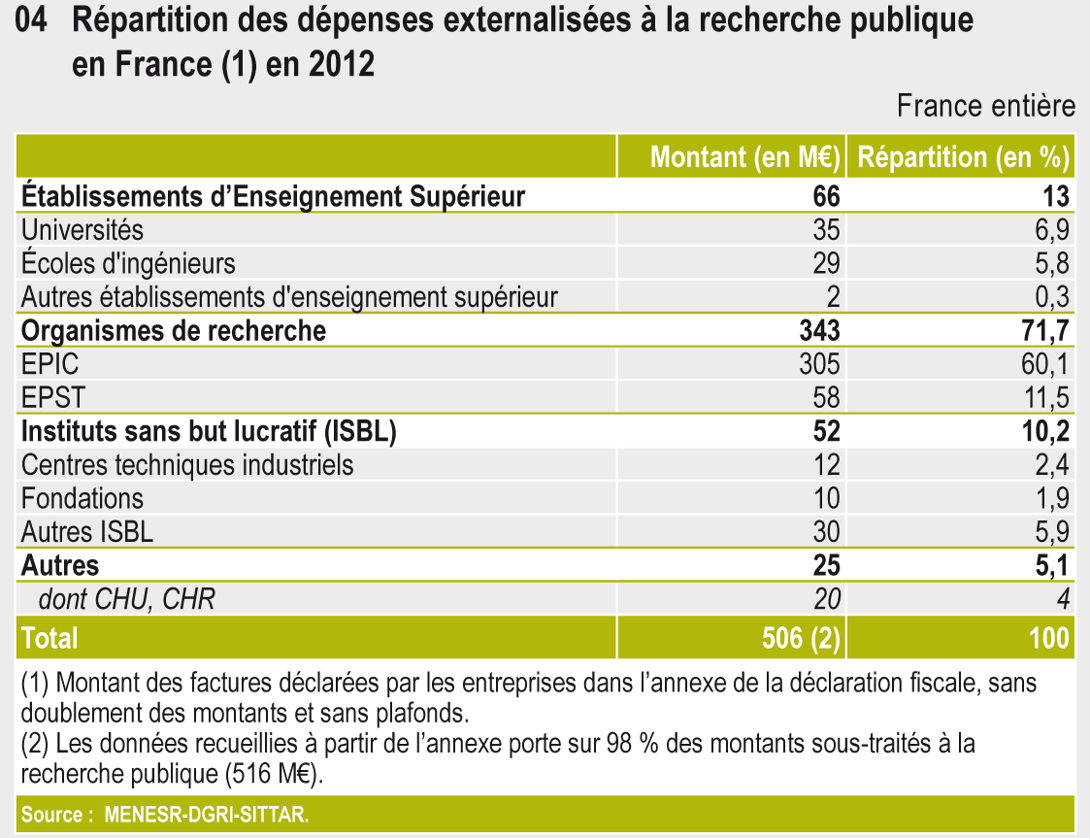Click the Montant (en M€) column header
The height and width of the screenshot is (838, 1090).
[x=744, y=157]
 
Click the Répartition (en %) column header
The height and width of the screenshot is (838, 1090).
[x=963, y=157]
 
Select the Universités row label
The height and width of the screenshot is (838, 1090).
[x=83, y=230]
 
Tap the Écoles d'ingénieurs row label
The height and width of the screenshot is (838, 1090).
[x=128, y=263]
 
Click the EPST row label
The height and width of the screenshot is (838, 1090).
[x=52, y=398]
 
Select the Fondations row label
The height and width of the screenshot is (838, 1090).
[x=83, y=499]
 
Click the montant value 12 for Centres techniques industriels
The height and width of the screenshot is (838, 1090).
[x=827, y=465]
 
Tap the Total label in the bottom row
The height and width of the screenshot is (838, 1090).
[x=50, y=637]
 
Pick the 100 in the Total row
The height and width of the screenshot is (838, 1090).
[x=1045, y=637]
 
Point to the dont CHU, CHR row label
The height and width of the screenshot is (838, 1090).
[x=126, y=599]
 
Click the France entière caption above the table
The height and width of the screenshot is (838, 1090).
[x=986, y=106]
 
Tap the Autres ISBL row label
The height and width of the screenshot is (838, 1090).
[x=87, y=532]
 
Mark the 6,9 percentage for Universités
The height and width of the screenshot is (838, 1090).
[x=1050, y=230]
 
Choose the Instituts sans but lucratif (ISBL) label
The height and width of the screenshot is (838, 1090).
[x=208, y=432]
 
